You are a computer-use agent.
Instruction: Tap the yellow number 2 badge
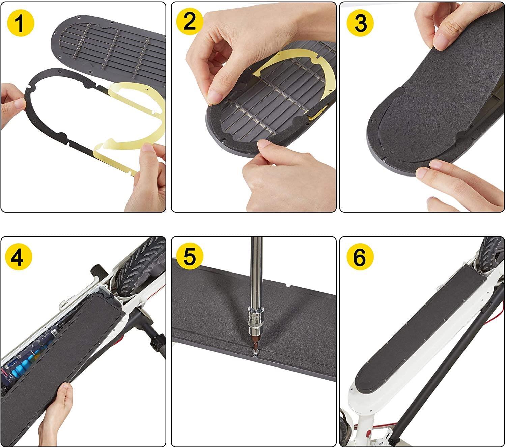[190, 22]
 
